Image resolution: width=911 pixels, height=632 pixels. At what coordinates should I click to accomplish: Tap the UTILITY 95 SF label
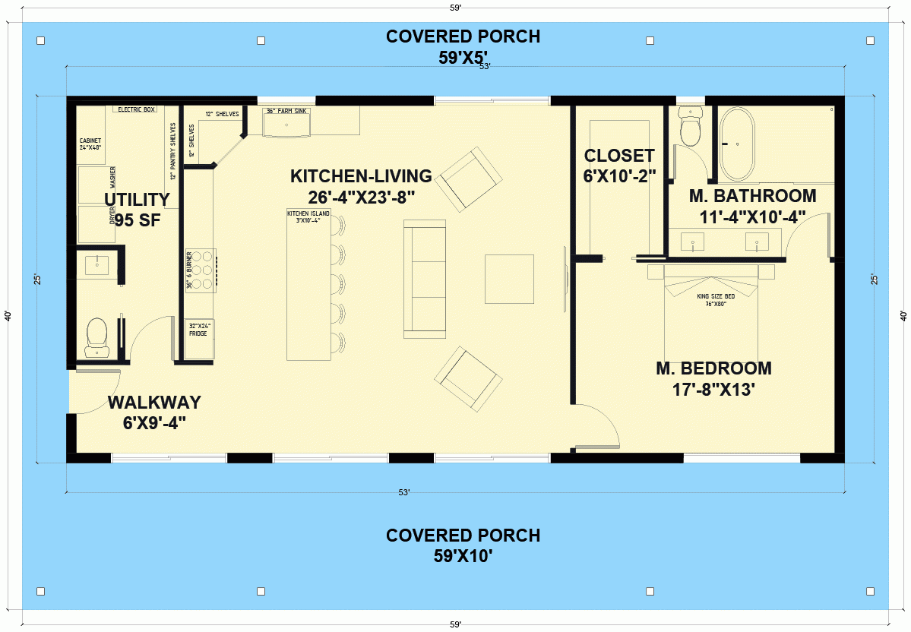137,210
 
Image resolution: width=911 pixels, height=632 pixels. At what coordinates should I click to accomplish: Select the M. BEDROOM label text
713,379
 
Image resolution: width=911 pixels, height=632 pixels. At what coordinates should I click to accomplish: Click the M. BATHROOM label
752,206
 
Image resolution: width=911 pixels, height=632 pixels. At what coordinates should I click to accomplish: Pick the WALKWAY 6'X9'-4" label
154,412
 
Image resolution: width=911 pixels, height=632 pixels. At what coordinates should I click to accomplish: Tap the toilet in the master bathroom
691,128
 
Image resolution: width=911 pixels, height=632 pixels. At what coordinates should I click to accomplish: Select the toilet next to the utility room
97,337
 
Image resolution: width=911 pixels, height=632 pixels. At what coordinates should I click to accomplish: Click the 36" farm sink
287,122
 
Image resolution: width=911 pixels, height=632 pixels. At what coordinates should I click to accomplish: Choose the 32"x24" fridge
200,339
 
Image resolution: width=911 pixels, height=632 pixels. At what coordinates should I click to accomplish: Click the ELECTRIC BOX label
136,109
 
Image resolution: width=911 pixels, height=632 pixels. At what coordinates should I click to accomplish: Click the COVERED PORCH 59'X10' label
463,545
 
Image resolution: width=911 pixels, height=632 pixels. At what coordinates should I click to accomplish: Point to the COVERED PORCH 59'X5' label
463,47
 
